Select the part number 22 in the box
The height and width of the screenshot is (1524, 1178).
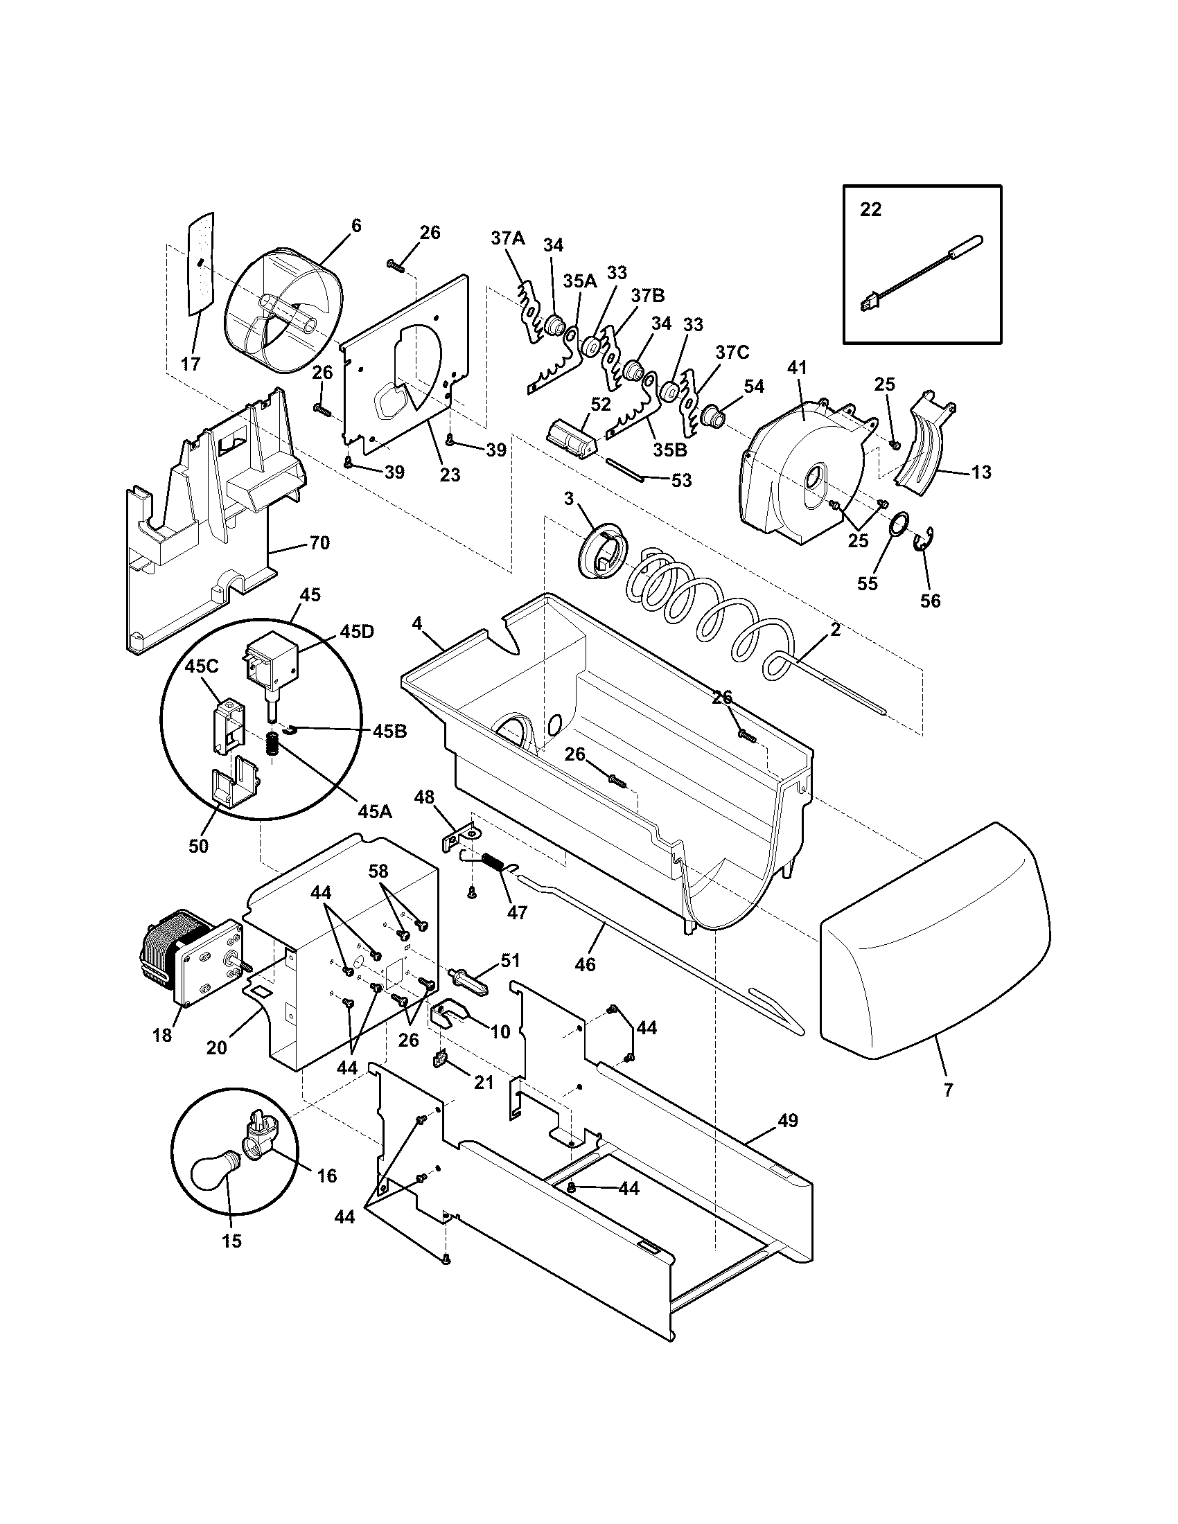pyautogui.click(x=870, y=209)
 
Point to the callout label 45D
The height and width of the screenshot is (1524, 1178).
pyautogui.click(x=357, y=632)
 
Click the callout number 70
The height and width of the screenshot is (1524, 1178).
pyautogui.click(x=319, y=542)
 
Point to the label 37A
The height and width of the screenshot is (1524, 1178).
pyautogui.click(x=507, y=238)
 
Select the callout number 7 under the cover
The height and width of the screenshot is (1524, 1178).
pyautogui.click(x=948, y=1090)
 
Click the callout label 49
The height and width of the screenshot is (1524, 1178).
pyautogui.click(x=787, y=1121)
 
